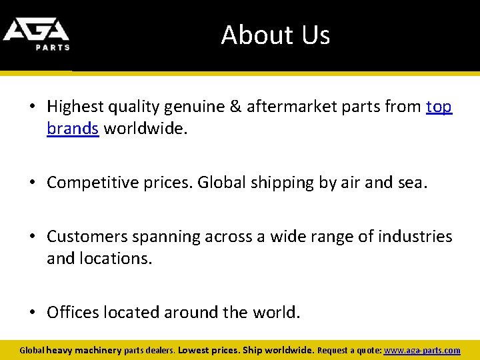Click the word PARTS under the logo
(x=53, y=47)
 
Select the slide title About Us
(x=275, y=35)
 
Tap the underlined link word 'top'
(x=439, y=106)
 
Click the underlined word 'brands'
(x=73, y=128)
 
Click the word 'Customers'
(x=89, y=237)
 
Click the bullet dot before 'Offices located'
(x=33, y=312)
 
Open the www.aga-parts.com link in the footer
(x=423, y=350)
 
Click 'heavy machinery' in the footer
(x=84, y=350)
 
